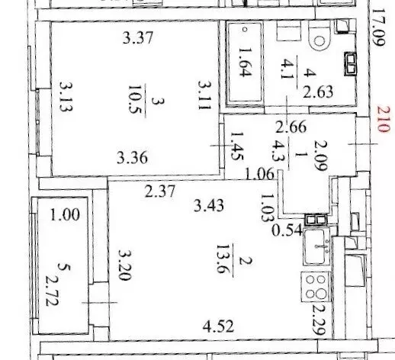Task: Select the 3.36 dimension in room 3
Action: [x=133, y=159]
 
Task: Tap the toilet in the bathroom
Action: [x=321, y=34]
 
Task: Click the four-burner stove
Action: [x=316, y=290]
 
